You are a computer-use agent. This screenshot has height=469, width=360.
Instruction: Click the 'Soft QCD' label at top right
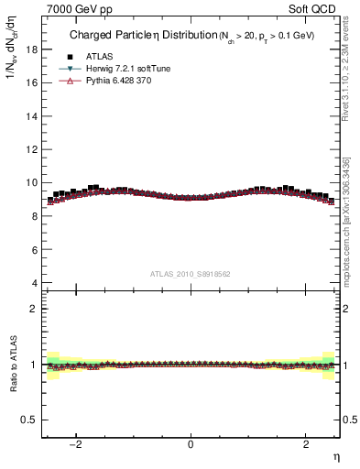point(314,7)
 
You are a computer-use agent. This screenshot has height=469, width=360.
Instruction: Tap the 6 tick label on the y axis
point(34,249)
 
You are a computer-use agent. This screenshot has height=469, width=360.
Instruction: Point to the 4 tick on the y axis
point(34,283)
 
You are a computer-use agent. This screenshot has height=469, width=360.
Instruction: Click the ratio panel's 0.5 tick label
point(29,420)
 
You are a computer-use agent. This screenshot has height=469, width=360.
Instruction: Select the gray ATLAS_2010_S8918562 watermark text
point(191,273)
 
